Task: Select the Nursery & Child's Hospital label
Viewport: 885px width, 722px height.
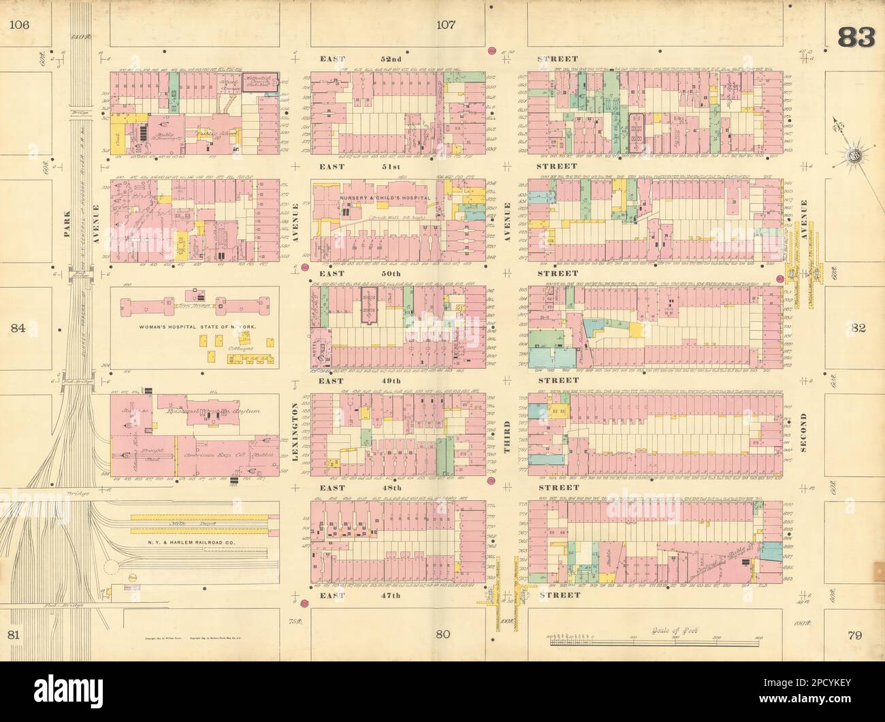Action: [385, 197]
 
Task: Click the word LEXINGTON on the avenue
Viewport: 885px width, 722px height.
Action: [295, 433]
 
